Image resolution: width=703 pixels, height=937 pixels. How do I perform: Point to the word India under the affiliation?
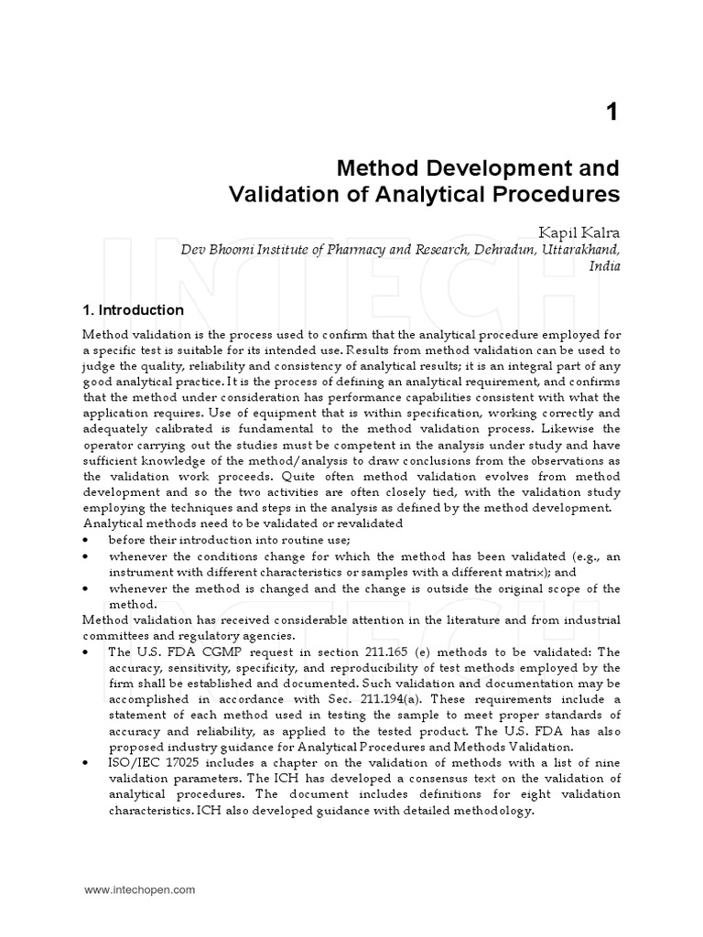605,266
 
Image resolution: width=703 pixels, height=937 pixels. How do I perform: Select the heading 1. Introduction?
134,310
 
